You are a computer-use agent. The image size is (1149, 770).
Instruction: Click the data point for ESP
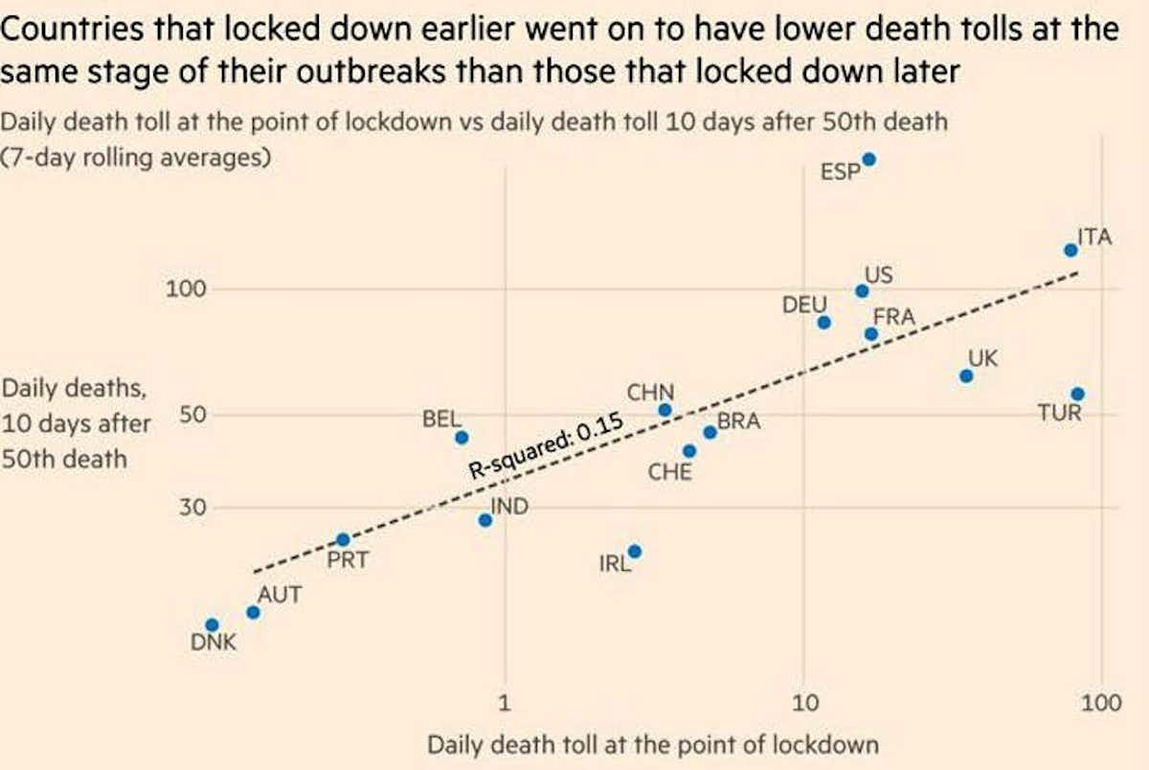[x=868, y=160]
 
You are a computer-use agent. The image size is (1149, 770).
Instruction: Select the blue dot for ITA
[x=1071, y=250]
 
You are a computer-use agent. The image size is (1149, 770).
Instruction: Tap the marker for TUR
[x=1077, y=394]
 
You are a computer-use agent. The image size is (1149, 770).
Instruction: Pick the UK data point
[x=966, y=375]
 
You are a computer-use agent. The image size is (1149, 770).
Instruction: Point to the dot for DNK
[x=213, y=624]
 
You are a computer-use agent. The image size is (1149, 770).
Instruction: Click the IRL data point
[x=634, y=551]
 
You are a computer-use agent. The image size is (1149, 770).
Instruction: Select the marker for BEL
[x=462, y=437]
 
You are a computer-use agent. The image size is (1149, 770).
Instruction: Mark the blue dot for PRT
[x=343, y=540]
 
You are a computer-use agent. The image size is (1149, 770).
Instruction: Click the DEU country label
[x=804, y=305]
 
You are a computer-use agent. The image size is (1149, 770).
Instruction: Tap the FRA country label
[x=894, y=316]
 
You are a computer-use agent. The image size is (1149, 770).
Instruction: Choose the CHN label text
[x=650, y=393]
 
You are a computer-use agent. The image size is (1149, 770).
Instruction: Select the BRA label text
[x=738, y=419]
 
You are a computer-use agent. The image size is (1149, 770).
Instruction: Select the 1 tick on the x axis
[x=506, y=704]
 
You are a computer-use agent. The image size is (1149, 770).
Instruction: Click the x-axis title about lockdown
[x=653, y=745]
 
